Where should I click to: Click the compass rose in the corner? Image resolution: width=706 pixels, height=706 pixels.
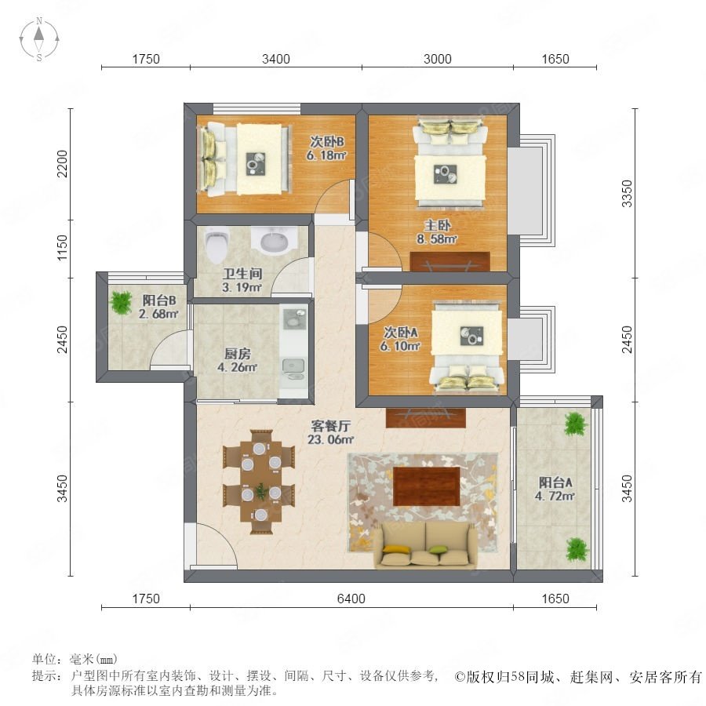click(x=39, y=39)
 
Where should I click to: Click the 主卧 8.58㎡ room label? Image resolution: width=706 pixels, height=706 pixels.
click(x=437, y=232)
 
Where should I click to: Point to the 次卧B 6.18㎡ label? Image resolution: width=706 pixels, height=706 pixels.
click(x=326, y=148)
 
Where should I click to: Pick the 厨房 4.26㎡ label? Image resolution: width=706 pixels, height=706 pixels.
click(x=237, y=360)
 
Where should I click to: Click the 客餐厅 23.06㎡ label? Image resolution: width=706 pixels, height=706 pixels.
click(x=330, y=432)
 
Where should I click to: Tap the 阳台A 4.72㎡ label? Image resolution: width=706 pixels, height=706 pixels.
click(x=555, y=489)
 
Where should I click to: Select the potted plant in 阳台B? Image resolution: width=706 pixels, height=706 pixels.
click(x=121, y=303)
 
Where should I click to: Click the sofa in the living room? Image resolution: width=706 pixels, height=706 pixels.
click(x=425, y=545)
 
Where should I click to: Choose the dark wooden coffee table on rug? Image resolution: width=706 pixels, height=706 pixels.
click(x=427, y=486)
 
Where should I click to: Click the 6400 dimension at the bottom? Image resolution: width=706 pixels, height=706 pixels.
click(x=351, y=599)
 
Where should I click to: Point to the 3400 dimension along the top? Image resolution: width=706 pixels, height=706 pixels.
click(x=276, y=59)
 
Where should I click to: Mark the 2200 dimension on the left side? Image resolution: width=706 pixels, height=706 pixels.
click(x=62, y=164)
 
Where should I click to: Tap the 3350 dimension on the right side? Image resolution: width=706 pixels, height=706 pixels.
click(x=627, y=194)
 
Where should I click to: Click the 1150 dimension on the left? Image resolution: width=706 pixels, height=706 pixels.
click(x=62, y=248)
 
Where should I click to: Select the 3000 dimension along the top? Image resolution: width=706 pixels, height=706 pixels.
click(x=438, y=59)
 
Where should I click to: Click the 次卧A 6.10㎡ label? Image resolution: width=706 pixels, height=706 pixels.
click(x=401, y=339)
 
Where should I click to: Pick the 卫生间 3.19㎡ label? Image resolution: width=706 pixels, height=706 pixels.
click(x=242, y=280)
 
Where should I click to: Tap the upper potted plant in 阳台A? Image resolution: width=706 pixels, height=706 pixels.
click(x=576, y=424)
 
